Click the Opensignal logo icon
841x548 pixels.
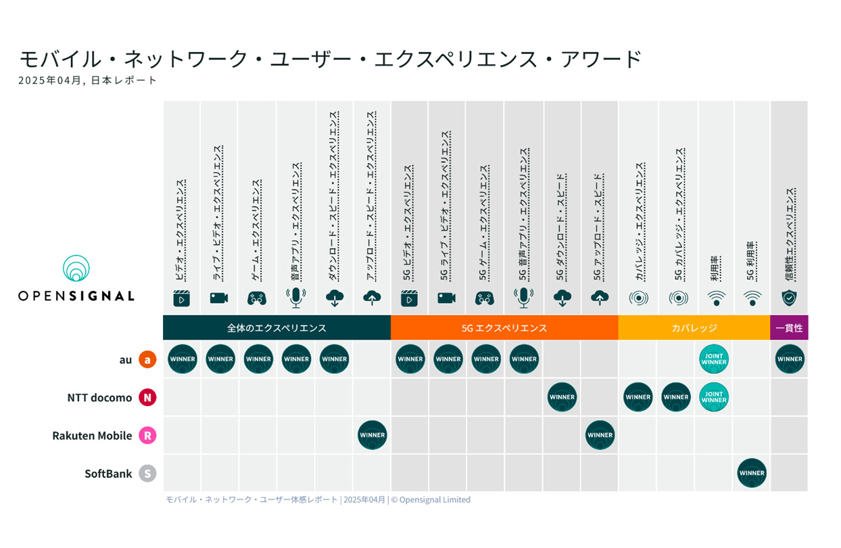click(76, 269)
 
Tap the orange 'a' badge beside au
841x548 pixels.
click(147, 359)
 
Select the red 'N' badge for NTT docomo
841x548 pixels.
click(147, 397)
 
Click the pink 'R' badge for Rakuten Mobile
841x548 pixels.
click(147, 435)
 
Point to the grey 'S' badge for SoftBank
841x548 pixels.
click(147, 473)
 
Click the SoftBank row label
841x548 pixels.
click(108, 474)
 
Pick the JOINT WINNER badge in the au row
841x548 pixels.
click(714, 359)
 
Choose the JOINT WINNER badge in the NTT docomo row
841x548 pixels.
click(714, 397)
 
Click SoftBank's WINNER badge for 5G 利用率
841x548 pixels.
click(752, 473)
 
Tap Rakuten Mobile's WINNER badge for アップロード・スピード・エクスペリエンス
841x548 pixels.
click(373, 435)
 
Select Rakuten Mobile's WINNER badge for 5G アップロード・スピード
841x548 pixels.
click(600, 435)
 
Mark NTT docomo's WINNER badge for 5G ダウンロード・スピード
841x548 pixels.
click(562, 397)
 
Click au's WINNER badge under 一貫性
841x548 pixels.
click(790, 359)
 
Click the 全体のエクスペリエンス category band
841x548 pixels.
click(277, 328)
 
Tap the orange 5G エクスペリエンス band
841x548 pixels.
click(504, 328)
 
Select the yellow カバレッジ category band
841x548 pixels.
click(694, 328)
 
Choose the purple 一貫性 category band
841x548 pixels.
click(789, 328)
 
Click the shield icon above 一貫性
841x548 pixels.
click(789, 297)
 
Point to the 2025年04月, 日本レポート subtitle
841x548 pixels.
click(88, 81)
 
